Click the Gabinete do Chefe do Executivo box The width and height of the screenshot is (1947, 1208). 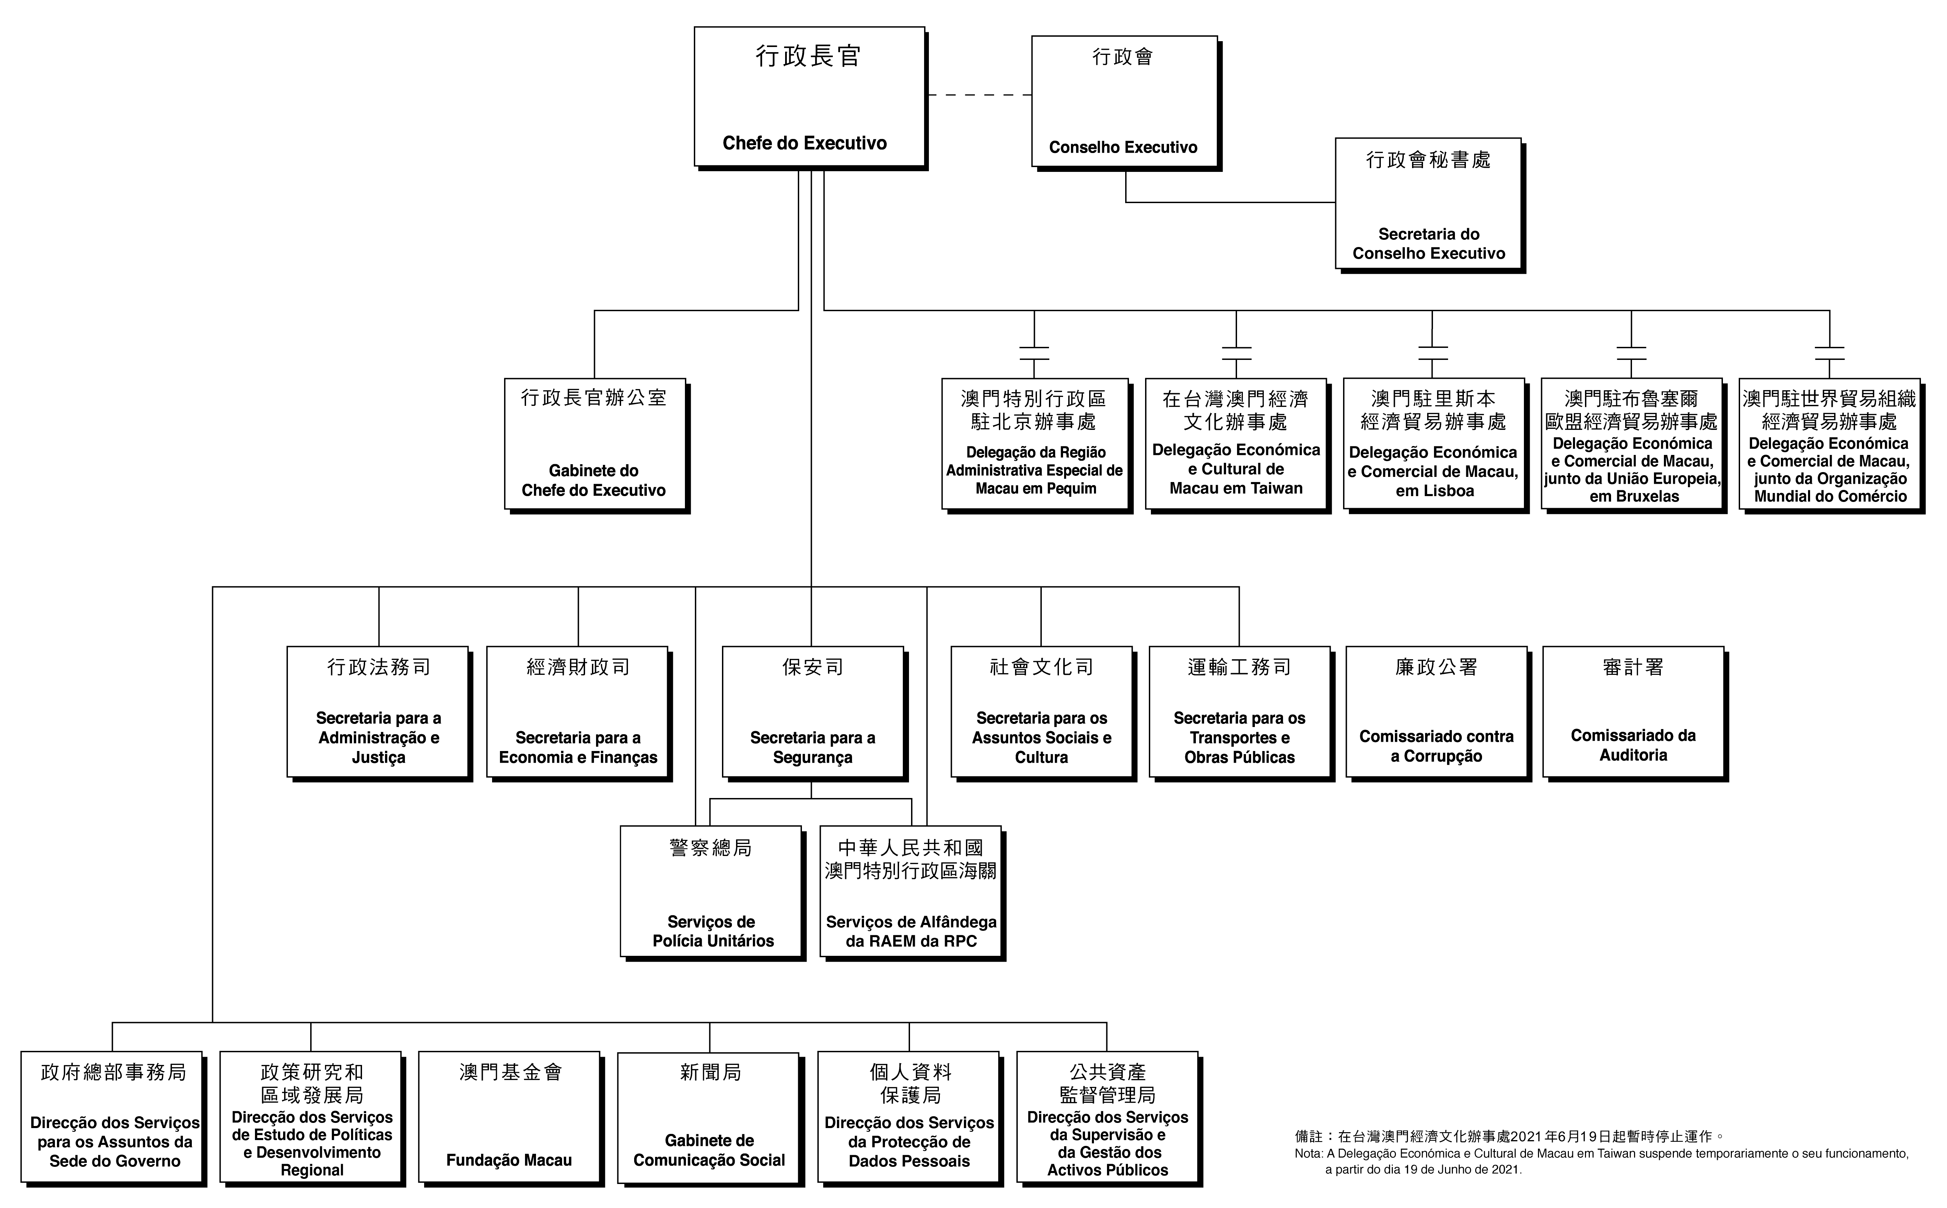[x=594, y=444]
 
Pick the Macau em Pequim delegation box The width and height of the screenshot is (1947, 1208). [x=1035, y=444]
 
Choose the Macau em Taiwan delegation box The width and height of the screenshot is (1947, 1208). [x=1236, y=444]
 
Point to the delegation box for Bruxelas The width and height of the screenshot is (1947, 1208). [x=1631, y=444]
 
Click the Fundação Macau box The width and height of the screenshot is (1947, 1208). [x=509, y=1117]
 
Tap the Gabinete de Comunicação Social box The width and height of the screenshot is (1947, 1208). [x=709, y=1117]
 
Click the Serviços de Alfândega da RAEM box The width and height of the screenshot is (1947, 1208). [x=911, y=891]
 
